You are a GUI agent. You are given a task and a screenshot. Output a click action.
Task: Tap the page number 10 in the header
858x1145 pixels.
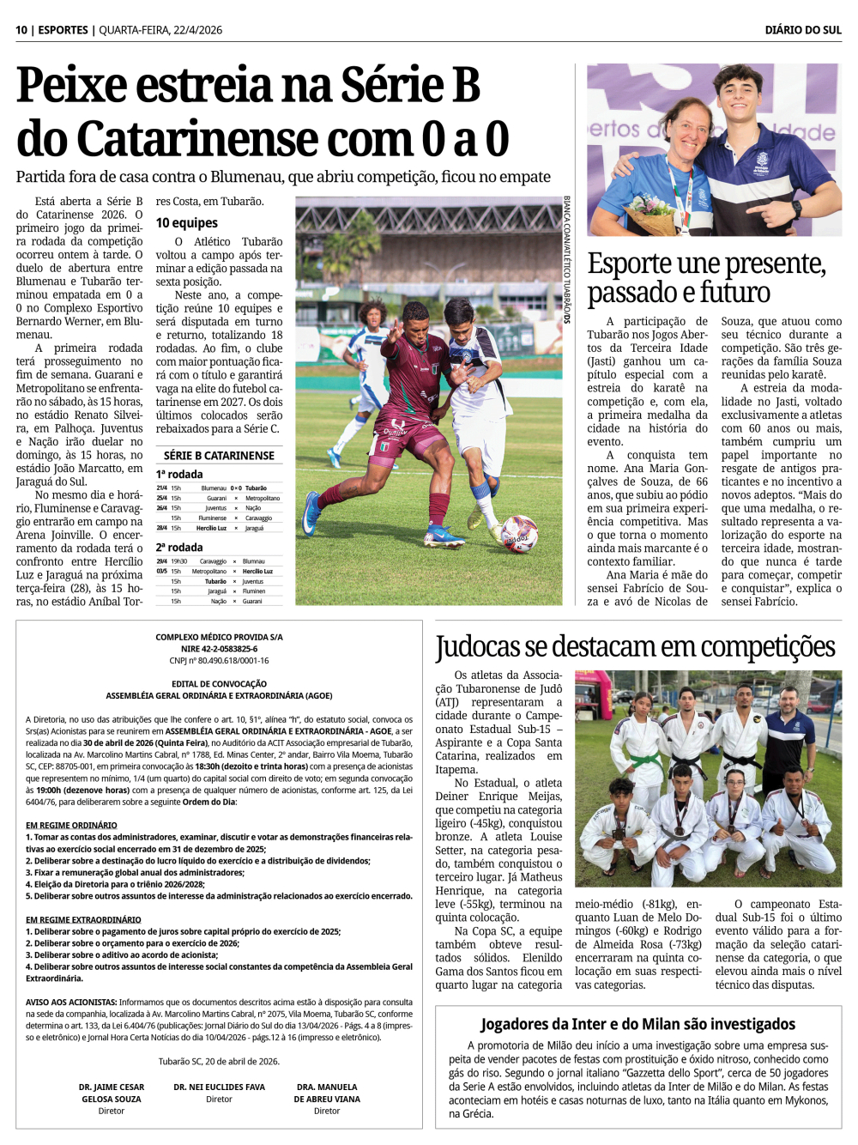(x=21, y=30)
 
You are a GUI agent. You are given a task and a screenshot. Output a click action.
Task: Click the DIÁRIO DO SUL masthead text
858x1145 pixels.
(x=803, y=30)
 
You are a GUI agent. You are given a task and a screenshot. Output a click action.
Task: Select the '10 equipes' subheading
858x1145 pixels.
(x=186, y=223)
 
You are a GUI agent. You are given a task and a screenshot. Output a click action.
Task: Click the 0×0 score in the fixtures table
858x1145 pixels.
(x=236, y=488)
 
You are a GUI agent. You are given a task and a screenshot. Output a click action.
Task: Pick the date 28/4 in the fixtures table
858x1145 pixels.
(x=161, y=528)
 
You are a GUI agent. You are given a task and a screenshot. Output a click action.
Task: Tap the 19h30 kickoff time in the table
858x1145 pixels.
(x=179, y=561)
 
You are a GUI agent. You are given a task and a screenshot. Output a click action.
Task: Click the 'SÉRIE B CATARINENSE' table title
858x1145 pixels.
(x=219, y=456)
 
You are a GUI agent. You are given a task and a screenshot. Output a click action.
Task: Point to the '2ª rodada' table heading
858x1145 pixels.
(x=179, y=548)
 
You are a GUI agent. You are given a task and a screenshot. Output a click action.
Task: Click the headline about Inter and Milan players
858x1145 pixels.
(x=637, y=1024)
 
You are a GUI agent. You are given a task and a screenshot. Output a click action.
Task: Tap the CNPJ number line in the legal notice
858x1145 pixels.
(x=219, y=661)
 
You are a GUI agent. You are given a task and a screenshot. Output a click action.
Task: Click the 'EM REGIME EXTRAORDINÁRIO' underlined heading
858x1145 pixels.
(x=83, y=919)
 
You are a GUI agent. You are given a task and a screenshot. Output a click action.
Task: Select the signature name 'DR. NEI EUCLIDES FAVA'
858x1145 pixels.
(x=219, y=1087)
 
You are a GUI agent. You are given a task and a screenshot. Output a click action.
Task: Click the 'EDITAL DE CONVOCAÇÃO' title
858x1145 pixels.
(x=219, y=684)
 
